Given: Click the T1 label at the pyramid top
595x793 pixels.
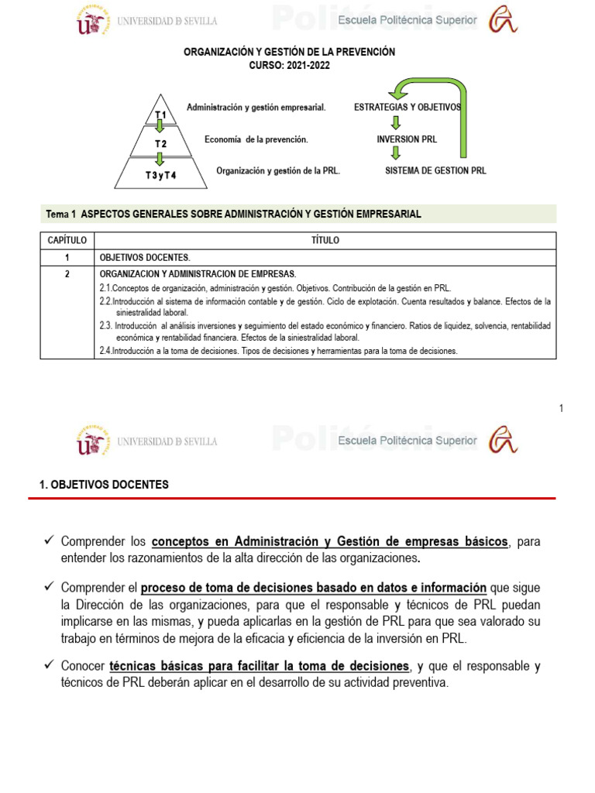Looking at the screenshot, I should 160,115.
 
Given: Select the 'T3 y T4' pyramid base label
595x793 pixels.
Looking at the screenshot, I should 160,175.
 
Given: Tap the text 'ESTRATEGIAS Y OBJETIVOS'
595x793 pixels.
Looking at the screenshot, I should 408,107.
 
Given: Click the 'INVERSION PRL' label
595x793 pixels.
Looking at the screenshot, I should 407,139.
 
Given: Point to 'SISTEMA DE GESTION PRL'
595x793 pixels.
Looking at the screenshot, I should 435,170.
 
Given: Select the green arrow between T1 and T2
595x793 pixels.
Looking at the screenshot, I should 160,127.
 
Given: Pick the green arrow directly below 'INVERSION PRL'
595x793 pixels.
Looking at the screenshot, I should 395,153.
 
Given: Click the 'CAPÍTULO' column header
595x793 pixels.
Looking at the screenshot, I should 67,241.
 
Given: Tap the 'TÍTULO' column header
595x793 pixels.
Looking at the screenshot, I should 325,241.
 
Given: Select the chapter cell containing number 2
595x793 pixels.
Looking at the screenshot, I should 67,274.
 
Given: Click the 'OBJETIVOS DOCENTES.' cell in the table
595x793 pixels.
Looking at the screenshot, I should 144,257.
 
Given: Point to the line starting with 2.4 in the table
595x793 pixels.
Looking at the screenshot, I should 279,351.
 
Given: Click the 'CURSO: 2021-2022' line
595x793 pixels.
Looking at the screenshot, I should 289,66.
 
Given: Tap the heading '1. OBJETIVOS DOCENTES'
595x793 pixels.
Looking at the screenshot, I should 104,485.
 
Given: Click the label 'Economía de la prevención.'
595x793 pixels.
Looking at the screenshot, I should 256,139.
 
